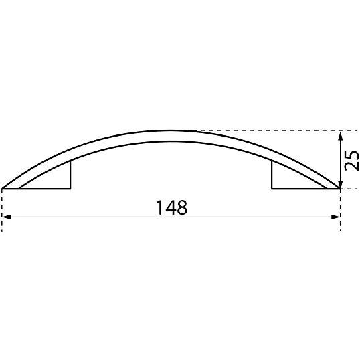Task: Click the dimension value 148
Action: point(171,207)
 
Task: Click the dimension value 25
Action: point(353,160)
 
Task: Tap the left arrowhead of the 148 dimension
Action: point(6,217)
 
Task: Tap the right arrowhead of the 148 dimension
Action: point(337,217)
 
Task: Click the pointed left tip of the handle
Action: point(4,189)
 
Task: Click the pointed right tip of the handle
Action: point(339,189)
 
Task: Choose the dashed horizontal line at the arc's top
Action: point(268,130)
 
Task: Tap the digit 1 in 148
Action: point(159,207)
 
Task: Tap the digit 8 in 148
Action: point(181,207)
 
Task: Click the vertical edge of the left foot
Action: point(70,175)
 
